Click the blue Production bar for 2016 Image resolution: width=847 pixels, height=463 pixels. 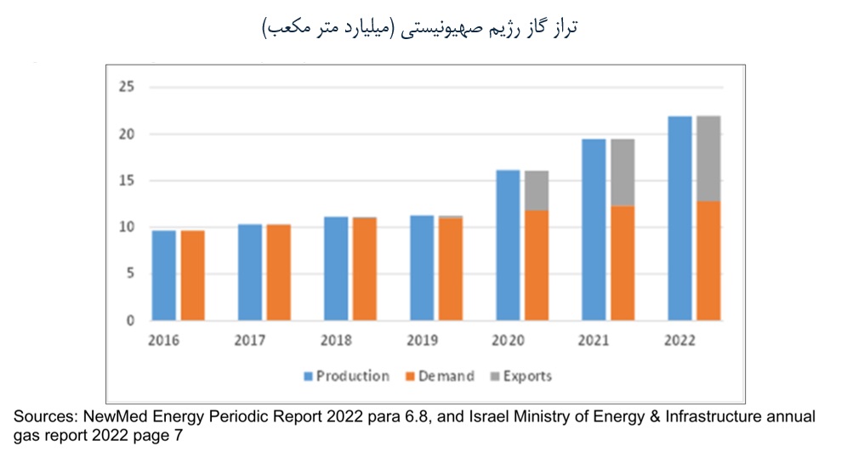click(164, 275)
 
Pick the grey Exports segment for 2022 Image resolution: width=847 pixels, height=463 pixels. click(708, 159)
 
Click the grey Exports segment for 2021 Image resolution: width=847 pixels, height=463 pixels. click(622, 172)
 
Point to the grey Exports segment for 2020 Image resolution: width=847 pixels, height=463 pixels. click(537, 190)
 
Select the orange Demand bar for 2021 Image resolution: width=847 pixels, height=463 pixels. click(622, 263)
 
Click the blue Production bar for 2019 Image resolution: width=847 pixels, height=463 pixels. click(422, 268)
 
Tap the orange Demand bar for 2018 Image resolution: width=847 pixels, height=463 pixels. click(365, 268)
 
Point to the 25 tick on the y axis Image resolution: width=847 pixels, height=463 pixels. click(128, 87)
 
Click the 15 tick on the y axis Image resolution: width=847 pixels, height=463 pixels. click(128, 180)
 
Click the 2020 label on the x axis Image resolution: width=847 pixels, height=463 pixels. click(509, 341)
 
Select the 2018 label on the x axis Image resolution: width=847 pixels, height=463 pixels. click(337, 341)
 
